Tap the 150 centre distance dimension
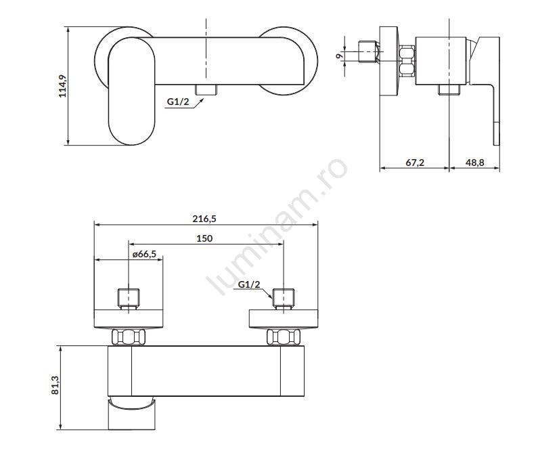pos(204,238)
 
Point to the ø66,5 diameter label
pos(143,254)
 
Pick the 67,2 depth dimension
pos(414,163)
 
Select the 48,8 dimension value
pos(475,163)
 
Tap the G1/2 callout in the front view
pos(178,102)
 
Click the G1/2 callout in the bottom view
pos(249,285)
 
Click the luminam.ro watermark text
pos(278,228)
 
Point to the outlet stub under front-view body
pos(204,90)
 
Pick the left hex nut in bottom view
pos(129,337)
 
